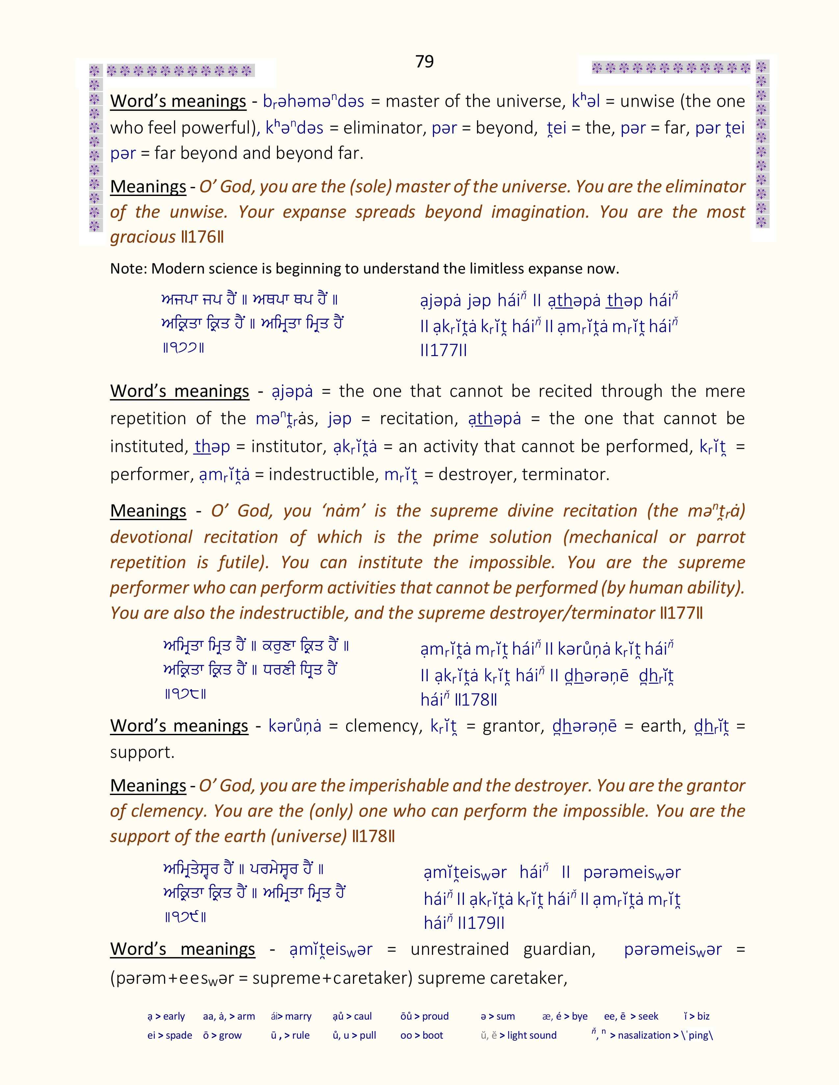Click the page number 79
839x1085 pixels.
coord(424,61)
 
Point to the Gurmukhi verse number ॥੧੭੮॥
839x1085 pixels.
coord(184,693)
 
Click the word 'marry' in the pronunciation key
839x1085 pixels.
coord(298,1016)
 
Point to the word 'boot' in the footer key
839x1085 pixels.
coord(432,1035)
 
